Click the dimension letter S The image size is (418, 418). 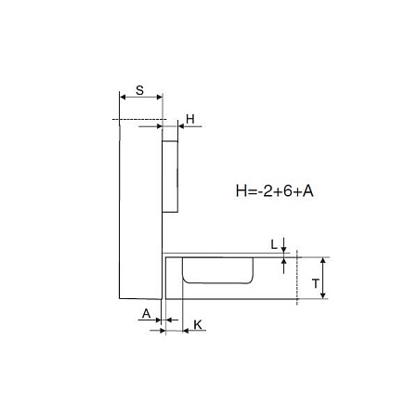coord(139,90)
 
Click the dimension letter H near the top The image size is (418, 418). coord(190,119)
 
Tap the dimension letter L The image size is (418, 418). coord(274,244)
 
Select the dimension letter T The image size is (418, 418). coord(316,283)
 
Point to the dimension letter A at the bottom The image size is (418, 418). coord(146,314)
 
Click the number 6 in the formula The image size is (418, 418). coord(288,191)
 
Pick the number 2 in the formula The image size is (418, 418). coord(268,191)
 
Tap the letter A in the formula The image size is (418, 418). coord(308,191)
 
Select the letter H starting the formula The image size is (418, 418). coord(241,191)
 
